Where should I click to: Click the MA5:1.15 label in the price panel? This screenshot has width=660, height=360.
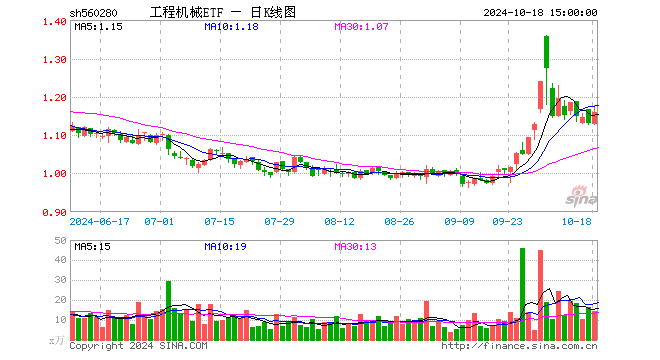[x=97, y=27]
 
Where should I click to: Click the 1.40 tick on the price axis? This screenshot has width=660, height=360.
[x=55, y=22]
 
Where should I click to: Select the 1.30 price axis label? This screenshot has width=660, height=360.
[x=55, y=60]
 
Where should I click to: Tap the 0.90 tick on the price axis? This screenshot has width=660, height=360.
[x=55, y=212]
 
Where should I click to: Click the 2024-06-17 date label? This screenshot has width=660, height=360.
[x=102, y=221]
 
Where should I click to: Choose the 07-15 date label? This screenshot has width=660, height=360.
[x=219, y=221]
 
